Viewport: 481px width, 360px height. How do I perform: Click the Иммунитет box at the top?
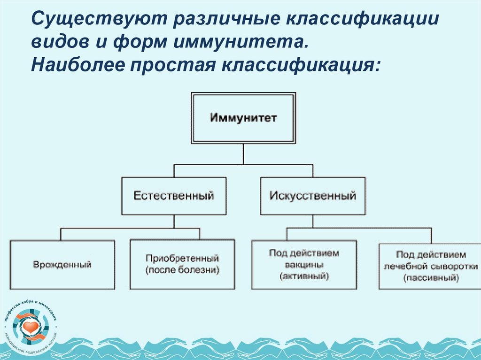243,117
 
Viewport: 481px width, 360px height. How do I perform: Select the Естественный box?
174,196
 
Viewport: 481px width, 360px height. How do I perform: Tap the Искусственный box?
312,196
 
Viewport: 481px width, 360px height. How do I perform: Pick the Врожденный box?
62,265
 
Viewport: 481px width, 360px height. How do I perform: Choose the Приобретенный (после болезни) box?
183,265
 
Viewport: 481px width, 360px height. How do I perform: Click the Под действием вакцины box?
304,265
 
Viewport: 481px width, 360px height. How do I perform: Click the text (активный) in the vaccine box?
304,277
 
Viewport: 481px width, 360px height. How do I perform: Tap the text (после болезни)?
183,271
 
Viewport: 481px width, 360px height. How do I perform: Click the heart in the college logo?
31,324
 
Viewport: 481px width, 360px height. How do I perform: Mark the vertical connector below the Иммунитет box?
243,153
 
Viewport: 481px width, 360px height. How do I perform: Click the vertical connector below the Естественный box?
174,222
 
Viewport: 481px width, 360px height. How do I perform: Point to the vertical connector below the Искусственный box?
312,222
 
